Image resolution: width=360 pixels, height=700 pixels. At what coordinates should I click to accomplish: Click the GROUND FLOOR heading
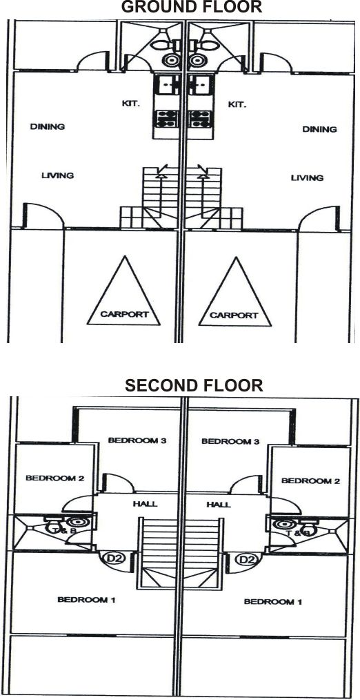[191, 7]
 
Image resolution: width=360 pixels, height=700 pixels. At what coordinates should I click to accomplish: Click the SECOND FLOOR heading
[194, 385]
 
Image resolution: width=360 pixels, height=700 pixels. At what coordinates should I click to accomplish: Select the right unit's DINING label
[319, 130]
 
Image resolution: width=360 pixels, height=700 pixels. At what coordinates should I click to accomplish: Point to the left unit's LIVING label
[57, 175]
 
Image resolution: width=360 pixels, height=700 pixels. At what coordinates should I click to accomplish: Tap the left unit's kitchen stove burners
[166, 119]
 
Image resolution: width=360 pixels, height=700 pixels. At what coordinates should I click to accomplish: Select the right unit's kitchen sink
[199, 84]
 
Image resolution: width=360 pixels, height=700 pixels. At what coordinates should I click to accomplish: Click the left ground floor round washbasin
[171, 60]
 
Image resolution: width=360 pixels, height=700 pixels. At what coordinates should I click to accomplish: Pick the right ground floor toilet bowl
[208, 45]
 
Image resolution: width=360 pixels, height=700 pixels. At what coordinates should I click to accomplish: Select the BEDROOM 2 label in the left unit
[55, 478]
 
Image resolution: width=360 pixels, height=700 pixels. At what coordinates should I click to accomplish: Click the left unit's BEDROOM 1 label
[86, 599]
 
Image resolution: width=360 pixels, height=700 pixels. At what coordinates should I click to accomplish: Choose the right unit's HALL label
[219, 505]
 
